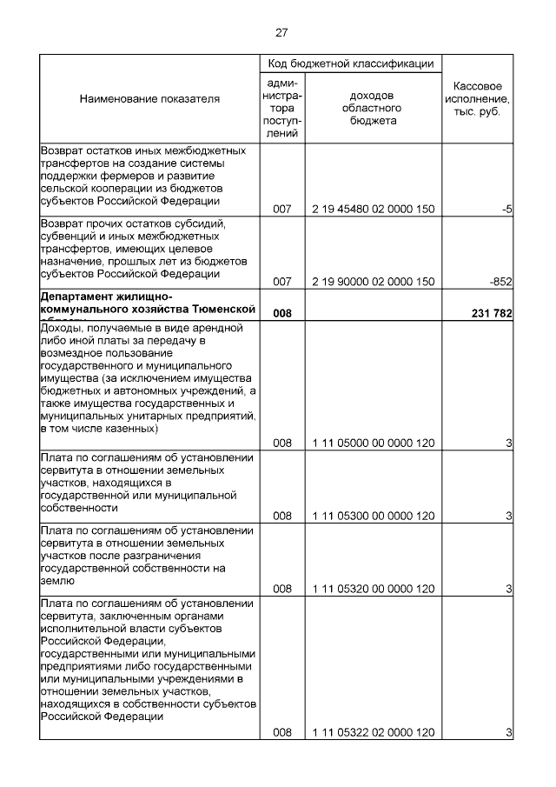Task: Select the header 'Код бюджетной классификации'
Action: coord(350,64)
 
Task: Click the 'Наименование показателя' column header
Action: coord(149,99)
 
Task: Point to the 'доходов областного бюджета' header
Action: coord(373,108)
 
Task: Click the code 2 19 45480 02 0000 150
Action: coord(373,210)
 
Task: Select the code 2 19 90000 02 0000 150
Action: coord(373,282)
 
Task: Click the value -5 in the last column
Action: coord(505,210)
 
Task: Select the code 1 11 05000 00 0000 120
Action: coord(373,444)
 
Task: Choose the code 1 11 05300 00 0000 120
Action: coord(373,516)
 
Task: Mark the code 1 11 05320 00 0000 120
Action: coord(373,589)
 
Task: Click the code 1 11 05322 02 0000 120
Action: coord(373,733)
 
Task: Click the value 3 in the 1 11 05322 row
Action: coord(508,733)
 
